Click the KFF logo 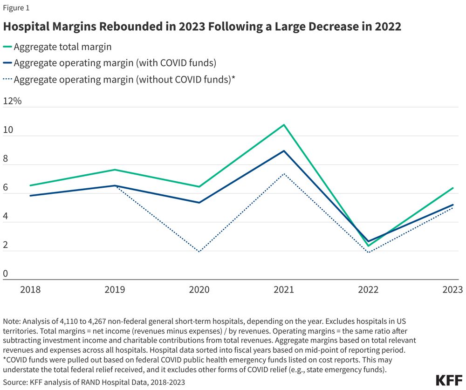pyautogui.click(x=449, y=380)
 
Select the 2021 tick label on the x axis pyautogui.click(x=284, y=290)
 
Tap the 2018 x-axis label pyautogui.click(x=30, y=290)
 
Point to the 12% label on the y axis pyautogui.click(x=13, y=101)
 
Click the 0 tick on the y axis pyautogui.click(x=6, y=274)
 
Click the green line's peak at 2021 pyautogui.click(x=284, y=125)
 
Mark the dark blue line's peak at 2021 pyautogui.click(x=284, y=151)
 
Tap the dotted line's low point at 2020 pyautogui.click(x=199, y=252)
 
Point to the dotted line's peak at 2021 pyautogui.click(x=284, y=174)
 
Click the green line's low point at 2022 pyautogui.click(x=369, y=246)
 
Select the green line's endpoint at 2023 pyautogui.click(x=453, y=188)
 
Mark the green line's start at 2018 pyautogui.click(x=30, y=185)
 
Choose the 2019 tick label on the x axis pyautogui.click(x=115, y=290)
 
